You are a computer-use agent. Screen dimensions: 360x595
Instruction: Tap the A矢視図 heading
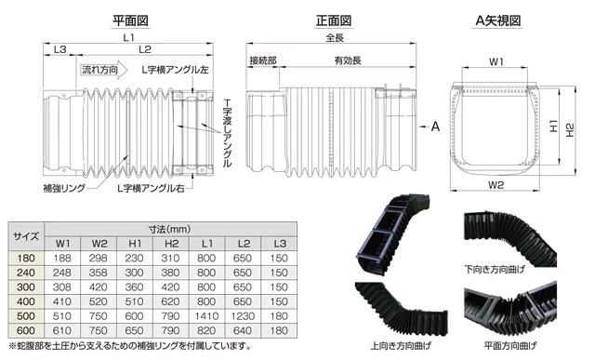tap(496, 19)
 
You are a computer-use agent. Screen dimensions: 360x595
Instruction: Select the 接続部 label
tap(268, 60)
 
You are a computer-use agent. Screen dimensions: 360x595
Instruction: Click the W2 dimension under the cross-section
tap(495, 184)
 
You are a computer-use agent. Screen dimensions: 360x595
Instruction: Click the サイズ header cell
tap(25, 235)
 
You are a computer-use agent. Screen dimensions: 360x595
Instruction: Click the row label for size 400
tap(25, 301)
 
